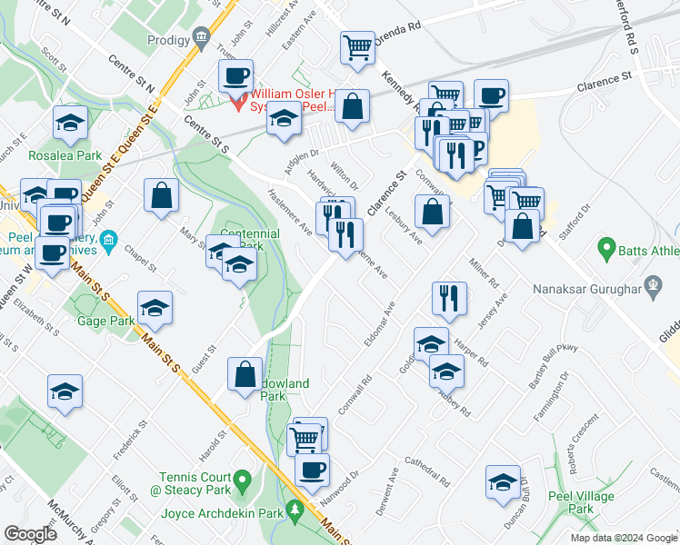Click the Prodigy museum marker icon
(201, 38)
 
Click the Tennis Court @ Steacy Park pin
(241, 478)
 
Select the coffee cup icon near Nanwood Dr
(313, 470)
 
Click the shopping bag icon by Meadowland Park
(245, 372)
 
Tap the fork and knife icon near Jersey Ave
(449, 297)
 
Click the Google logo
(31, 534)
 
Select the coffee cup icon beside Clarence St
(491, 94)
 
